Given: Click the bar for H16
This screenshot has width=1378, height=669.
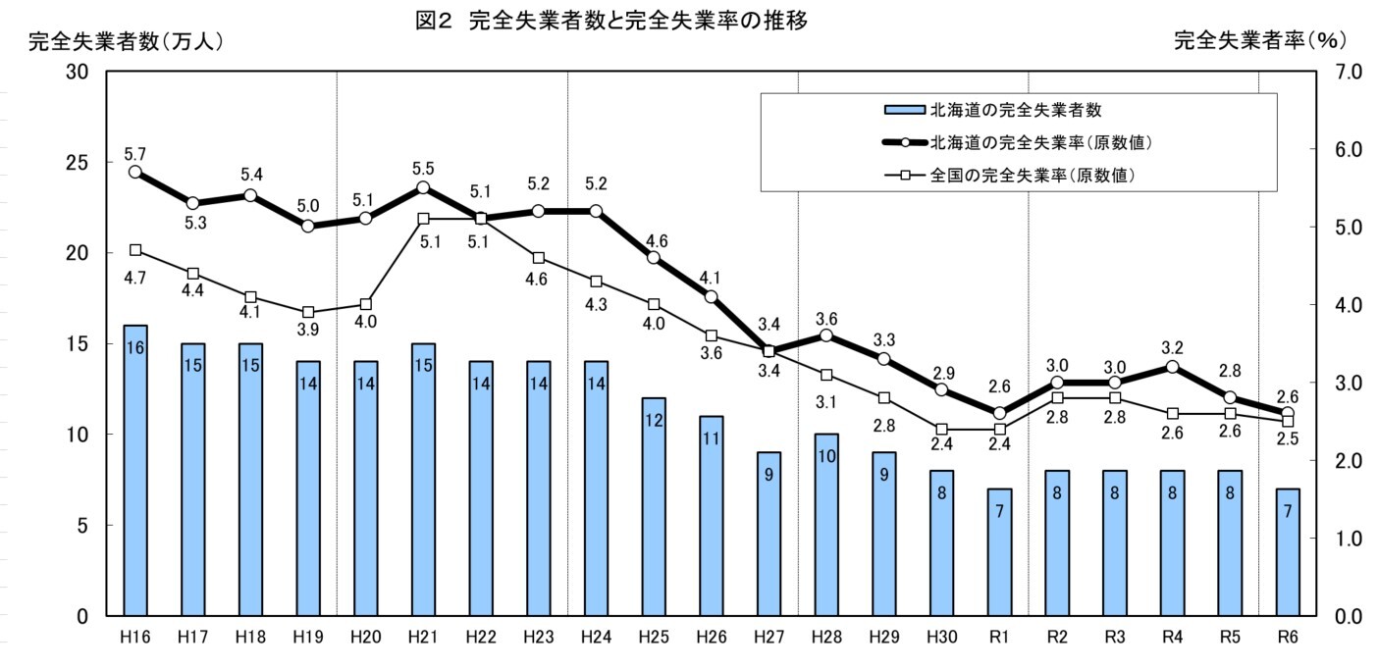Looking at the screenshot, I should pos(135,471).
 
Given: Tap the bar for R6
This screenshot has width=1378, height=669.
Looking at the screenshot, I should pos(1289,552).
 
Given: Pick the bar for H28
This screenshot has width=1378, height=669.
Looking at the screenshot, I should pos(826,525).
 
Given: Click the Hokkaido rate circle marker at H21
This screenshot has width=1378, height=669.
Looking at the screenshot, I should pos(423,187).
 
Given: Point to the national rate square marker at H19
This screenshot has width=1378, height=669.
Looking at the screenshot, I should pos(308,312).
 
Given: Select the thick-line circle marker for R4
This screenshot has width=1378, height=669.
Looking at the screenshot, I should pos(1173,366).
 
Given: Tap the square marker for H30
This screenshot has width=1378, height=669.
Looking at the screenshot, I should pos(942,429).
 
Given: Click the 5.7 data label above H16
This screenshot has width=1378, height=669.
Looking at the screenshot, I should pos(135,153).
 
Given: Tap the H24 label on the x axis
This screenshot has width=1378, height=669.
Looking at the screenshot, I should pos(597,637).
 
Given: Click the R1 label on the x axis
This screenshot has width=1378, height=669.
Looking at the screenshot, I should pos(1000,637).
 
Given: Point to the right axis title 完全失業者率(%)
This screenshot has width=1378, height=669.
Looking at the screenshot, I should pos(1259,41).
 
